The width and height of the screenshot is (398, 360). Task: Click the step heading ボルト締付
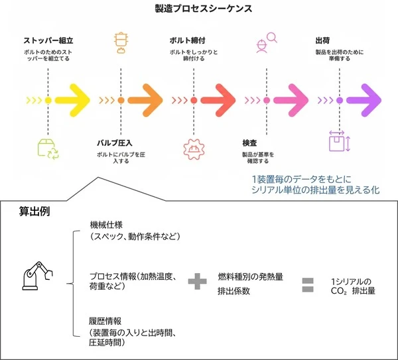point(190,40)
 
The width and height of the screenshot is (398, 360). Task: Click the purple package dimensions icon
point(338,141)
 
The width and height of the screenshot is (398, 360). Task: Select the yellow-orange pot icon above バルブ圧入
point(121,41)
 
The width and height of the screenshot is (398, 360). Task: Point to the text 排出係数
point(234,290)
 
